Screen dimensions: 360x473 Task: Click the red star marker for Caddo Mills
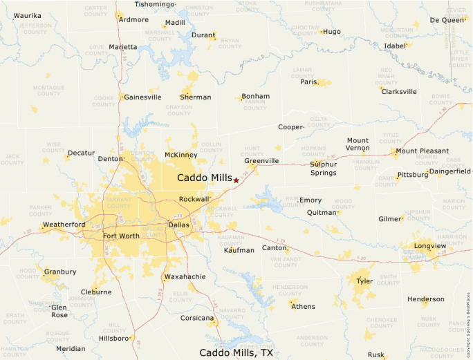[x=236, y=180]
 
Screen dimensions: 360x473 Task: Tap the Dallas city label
[x=178, y=225]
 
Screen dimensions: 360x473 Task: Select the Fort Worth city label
[x=121, y=236]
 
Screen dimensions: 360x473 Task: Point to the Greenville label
[x=261, y=161]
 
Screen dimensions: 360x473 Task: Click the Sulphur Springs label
[x=323, y=169]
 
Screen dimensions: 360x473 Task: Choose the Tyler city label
[x=364, y=282]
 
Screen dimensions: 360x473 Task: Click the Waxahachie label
[x=185, y=277]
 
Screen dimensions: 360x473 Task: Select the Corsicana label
[x=197, y=319]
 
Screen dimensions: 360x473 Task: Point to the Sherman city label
[x=196, y=97]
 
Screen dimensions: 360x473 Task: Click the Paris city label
[x=308, y=82]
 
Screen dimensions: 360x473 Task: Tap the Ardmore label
[x=133, y=19]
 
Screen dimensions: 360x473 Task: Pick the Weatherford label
[x=64, y=225]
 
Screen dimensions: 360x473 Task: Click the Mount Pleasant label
[x=422, y=151]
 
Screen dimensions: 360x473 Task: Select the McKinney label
[x=180, y=155]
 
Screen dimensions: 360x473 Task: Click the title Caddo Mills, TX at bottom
[x=236, y=352]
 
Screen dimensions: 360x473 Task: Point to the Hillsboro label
[x=113, y=339]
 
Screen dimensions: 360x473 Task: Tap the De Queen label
[x=447, y=20]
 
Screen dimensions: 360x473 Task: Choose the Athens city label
[x=303, y=307]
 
